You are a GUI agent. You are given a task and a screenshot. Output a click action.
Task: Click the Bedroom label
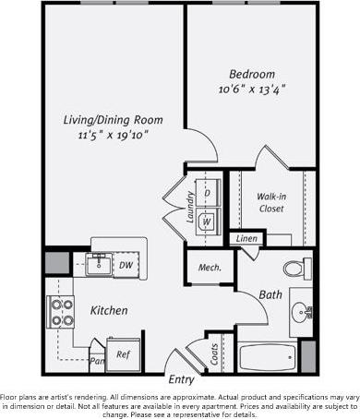pyautogui.click(x=252, y=74)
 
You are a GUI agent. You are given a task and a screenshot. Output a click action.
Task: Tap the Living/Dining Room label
pyautogui.click(x=114, y=120)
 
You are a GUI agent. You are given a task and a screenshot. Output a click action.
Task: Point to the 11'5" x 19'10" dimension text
pyautogui.click(x=114, y=135)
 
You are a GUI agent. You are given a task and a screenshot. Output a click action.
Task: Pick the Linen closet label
pyautogui.click(x=246, y=239)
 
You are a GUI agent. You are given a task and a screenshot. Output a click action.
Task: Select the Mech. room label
pyautogui.click(x=208, y=268)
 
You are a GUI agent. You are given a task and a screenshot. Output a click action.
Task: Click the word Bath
pyautogui.click(x=270, y=295)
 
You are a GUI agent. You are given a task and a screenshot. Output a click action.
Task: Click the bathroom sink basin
pyautogui.click(x=301, y=310)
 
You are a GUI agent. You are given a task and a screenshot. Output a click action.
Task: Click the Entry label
pyautogui.click(x=181, y=379)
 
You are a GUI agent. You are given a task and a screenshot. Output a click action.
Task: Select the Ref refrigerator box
pyautogui.click(x=123, y=353)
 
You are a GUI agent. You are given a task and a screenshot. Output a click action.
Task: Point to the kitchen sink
pyautogui.click(x=99, y=265)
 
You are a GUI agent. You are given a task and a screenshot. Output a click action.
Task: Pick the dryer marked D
pyautogui.click(x=207, y=193)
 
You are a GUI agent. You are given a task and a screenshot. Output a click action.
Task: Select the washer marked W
pyautogui.click(x=207, y=221)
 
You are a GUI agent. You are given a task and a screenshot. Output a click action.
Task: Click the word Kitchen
pyautogui.click(x=108, y=311)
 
